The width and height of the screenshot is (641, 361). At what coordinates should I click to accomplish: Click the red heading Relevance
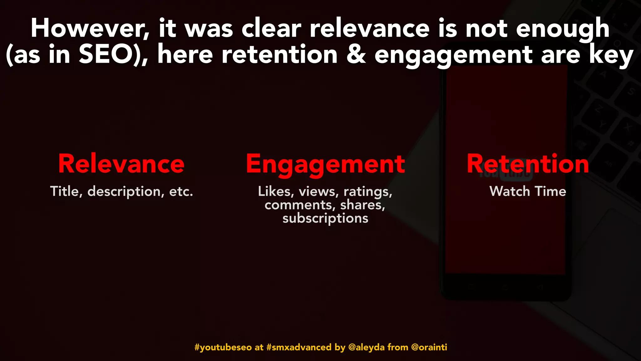point(121,164)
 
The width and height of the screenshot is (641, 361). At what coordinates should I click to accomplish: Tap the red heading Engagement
point(325,165)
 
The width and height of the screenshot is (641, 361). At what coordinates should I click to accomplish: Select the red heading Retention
point(528,164)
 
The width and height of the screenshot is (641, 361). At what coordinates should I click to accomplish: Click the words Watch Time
point(528,191)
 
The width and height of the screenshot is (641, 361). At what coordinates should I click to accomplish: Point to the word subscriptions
point(325,218)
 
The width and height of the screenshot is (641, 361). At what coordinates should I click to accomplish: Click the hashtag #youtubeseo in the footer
point(223,347)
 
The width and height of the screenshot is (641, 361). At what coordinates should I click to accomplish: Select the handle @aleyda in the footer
point(366,347)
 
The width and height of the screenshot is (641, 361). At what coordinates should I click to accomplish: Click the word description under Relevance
point(124,191)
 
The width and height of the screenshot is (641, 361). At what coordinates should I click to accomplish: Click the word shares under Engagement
point(362,205)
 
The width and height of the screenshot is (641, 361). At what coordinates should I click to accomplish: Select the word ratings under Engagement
point(368,191)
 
